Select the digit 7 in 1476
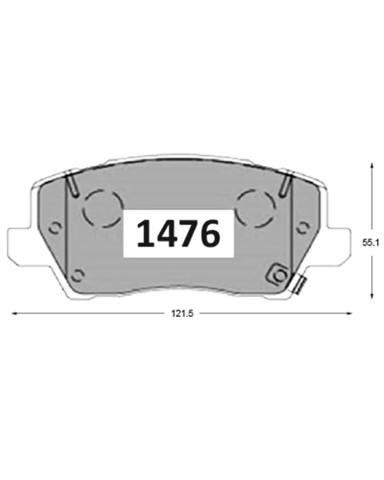coord(188,233)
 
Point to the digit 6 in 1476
coord(209,234)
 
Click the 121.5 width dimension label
coord(182,314)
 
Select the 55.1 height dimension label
coord(370,243)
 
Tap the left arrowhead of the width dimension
coord(14,313)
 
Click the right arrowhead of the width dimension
coord(350,313)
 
